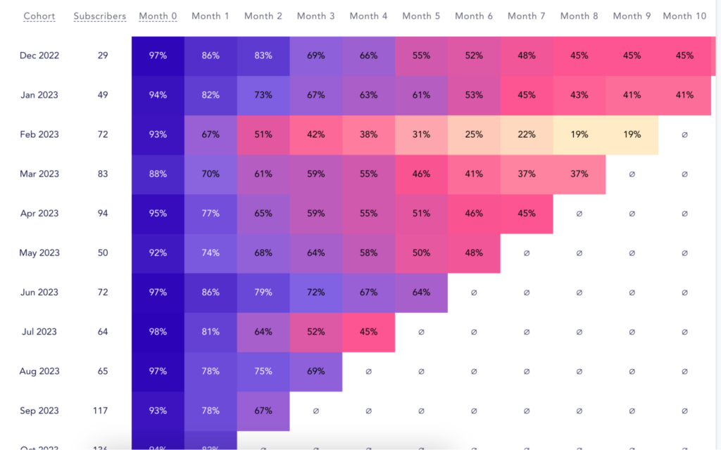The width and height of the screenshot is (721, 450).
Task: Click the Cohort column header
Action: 39,16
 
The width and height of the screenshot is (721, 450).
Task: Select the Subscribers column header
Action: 100,16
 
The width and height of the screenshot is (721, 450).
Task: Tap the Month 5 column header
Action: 421,16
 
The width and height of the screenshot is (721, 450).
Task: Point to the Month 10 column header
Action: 684,16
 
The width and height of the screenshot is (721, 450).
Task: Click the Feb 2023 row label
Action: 39,134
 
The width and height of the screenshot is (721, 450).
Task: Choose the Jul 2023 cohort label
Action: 39,332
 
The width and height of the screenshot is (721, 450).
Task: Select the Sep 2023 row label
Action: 39,411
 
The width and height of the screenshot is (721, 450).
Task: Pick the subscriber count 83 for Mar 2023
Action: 103,174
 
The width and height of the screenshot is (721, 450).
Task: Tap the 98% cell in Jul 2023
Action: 158,332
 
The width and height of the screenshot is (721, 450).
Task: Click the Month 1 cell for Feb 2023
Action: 211,134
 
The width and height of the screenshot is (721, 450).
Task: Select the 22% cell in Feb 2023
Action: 527,134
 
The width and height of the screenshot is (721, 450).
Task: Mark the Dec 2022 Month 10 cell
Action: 684,56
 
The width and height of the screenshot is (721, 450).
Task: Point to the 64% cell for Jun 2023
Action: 421,292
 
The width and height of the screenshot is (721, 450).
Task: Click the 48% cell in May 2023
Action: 474,253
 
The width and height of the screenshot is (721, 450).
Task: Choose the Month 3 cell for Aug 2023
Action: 315,371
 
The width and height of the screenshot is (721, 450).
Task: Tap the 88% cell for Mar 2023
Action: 158,174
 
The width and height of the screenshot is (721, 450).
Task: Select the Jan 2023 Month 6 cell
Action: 474,95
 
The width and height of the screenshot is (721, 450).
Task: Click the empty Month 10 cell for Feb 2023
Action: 684,134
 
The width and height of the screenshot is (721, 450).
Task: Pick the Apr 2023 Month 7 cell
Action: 527,214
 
